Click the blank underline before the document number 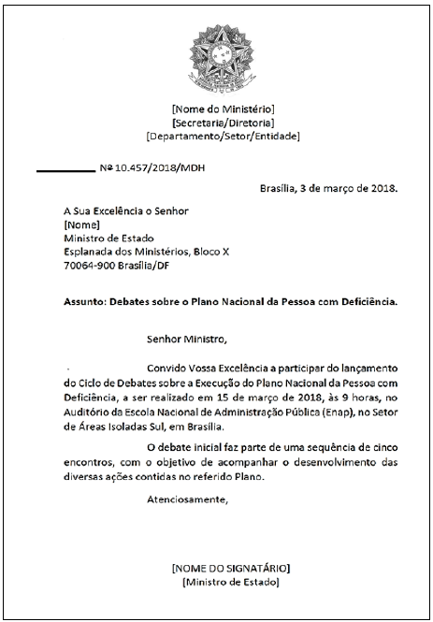coord(65,170)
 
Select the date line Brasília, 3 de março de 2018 coord(327,187)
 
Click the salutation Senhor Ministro coord(187,338)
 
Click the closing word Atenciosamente coord(187,499)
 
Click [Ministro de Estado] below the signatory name coord(231,582)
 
